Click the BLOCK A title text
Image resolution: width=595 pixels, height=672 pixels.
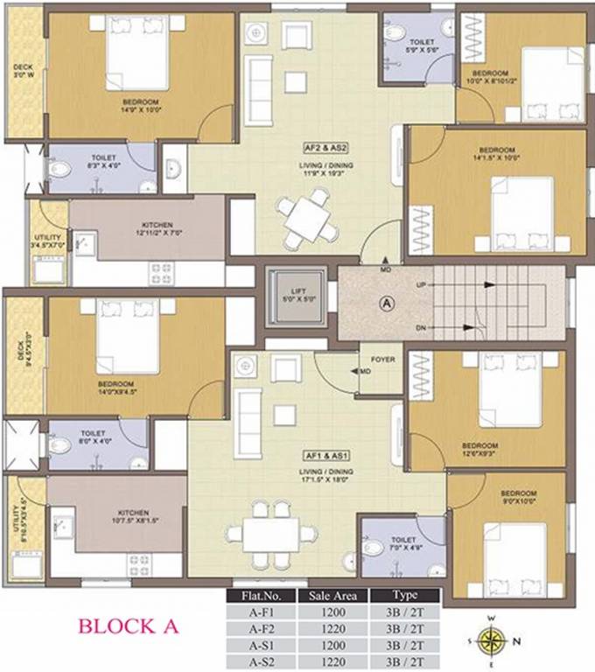click(129, 626)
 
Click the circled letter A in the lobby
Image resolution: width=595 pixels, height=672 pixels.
click(385, 304)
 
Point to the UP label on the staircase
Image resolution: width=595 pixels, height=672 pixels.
click(422, 286)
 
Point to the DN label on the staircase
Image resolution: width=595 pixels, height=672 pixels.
click(422, 327)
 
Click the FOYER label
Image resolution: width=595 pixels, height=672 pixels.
click(382, 360)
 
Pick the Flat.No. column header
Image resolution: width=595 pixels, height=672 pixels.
click(258, 596)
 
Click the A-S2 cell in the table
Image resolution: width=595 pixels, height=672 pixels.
click(258, 661)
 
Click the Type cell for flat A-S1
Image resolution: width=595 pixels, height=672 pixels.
click(404, 645)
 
